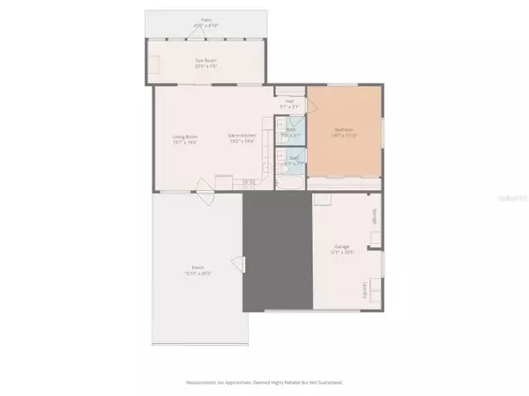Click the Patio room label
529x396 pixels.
click(207, 21)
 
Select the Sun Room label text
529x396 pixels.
click(206, 63)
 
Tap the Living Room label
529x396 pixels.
click(184, 138)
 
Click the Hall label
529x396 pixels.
click(289, 104)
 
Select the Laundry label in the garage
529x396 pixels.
click(364, 289)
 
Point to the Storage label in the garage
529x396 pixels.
click(375, 216)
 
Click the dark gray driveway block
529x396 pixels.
click(278, 252)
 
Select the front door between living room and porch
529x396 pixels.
click(205, 186)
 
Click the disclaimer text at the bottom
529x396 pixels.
click(264, 383)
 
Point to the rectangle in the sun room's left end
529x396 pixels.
click(155, 65)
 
